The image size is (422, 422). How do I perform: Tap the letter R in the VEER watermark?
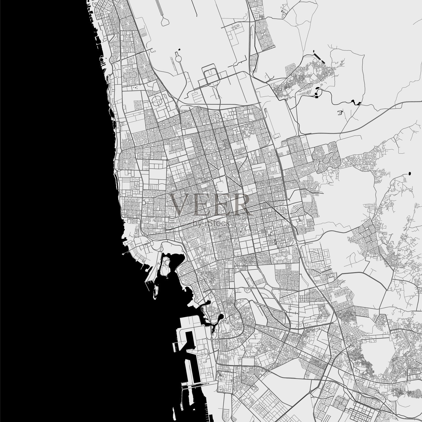[239, 204]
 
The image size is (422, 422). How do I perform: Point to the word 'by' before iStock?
[197, 224]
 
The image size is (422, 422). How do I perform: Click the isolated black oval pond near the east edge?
[410, 174]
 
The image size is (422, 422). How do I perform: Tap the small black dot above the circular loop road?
[180, 49]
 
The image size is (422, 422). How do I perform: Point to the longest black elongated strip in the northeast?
[318, 57]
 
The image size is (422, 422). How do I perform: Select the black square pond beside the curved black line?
[316, 97]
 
